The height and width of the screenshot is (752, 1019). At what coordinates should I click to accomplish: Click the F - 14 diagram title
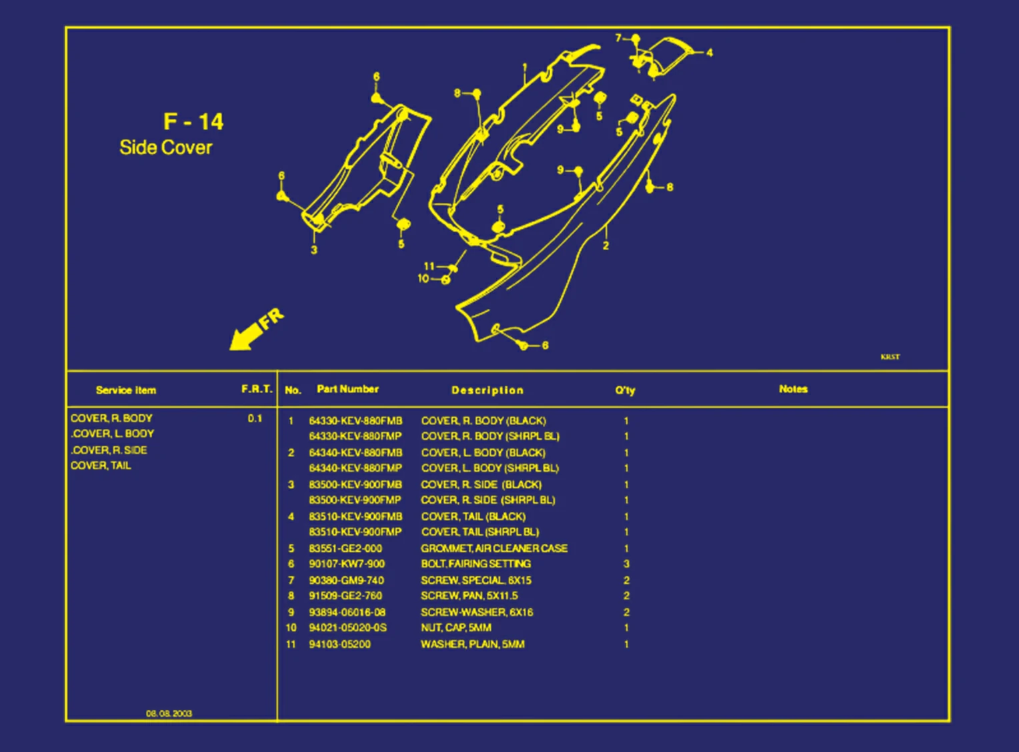(193, 121)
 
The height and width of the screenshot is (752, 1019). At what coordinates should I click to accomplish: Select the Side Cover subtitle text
(165, 147)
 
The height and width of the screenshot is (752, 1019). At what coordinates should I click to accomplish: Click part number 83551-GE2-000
(345, 548)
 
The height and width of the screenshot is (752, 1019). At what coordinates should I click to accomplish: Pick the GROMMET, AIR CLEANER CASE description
(493, 548)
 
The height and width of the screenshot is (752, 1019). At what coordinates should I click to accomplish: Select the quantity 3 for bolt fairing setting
(626, 564)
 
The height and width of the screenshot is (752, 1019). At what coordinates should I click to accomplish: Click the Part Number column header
(347, 389)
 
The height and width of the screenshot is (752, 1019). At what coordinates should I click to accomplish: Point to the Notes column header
(793, 389)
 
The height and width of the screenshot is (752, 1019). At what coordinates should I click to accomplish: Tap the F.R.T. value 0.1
(255, 418)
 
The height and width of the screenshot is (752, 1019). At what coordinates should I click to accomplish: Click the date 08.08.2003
(169, 713)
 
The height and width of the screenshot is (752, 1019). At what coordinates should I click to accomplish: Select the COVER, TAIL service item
(101, 466)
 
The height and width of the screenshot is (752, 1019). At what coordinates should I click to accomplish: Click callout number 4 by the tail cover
(709, 52)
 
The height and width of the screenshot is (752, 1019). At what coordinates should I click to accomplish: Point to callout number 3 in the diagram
(313, 250)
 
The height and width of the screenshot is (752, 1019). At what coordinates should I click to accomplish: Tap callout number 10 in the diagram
(423, 278)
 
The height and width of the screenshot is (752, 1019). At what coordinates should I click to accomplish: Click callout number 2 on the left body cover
(606, 246)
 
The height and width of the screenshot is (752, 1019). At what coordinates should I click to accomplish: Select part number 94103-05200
(339, 645)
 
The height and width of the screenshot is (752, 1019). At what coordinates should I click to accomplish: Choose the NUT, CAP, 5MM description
(455, 628)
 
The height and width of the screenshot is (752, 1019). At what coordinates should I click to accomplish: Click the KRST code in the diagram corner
(890, 357)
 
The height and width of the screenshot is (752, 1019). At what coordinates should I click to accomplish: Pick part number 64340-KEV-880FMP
(355, 468)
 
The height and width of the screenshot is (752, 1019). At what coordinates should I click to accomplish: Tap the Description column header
(487, 390)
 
